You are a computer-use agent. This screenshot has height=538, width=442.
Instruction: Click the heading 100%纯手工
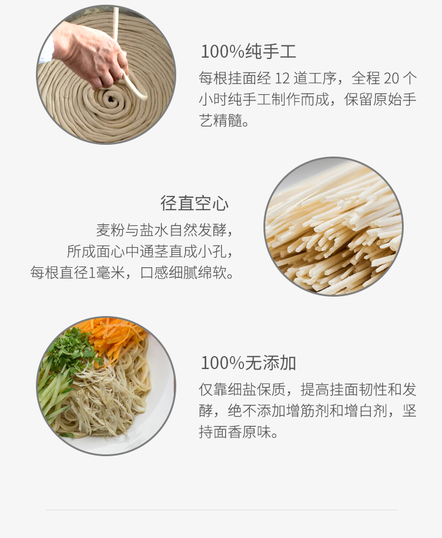[x=248, y=51]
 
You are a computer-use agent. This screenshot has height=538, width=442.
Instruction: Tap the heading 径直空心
[x=194, y=203]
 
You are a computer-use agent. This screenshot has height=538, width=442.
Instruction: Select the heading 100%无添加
[x=248, y=363]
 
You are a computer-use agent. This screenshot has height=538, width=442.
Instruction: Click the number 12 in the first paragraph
[x=282, y=78]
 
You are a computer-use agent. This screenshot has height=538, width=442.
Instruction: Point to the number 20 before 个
[x=391, y=78]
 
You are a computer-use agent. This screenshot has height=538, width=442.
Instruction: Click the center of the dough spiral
[x=111, y=99]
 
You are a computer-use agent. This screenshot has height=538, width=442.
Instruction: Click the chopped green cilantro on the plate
[x=71, y=347]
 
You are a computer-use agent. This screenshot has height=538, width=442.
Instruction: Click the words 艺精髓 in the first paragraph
[x=220, y=121]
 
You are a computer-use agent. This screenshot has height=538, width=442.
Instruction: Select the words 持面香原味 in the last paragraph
[x=235, y=432]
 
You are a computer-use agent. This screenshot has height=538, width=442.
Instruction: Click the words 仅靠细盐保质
[x=242, y=390]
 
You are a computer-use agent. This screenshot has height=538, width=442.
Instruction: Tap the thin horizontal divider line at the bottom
[x=222, y=510]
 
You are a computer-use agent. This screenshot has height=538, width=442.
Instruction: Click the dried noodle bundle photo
[x=333, y=227]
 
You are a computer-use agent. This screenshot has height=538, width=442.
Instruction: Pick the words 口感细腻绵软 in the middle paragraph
[x=183, y=273]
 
